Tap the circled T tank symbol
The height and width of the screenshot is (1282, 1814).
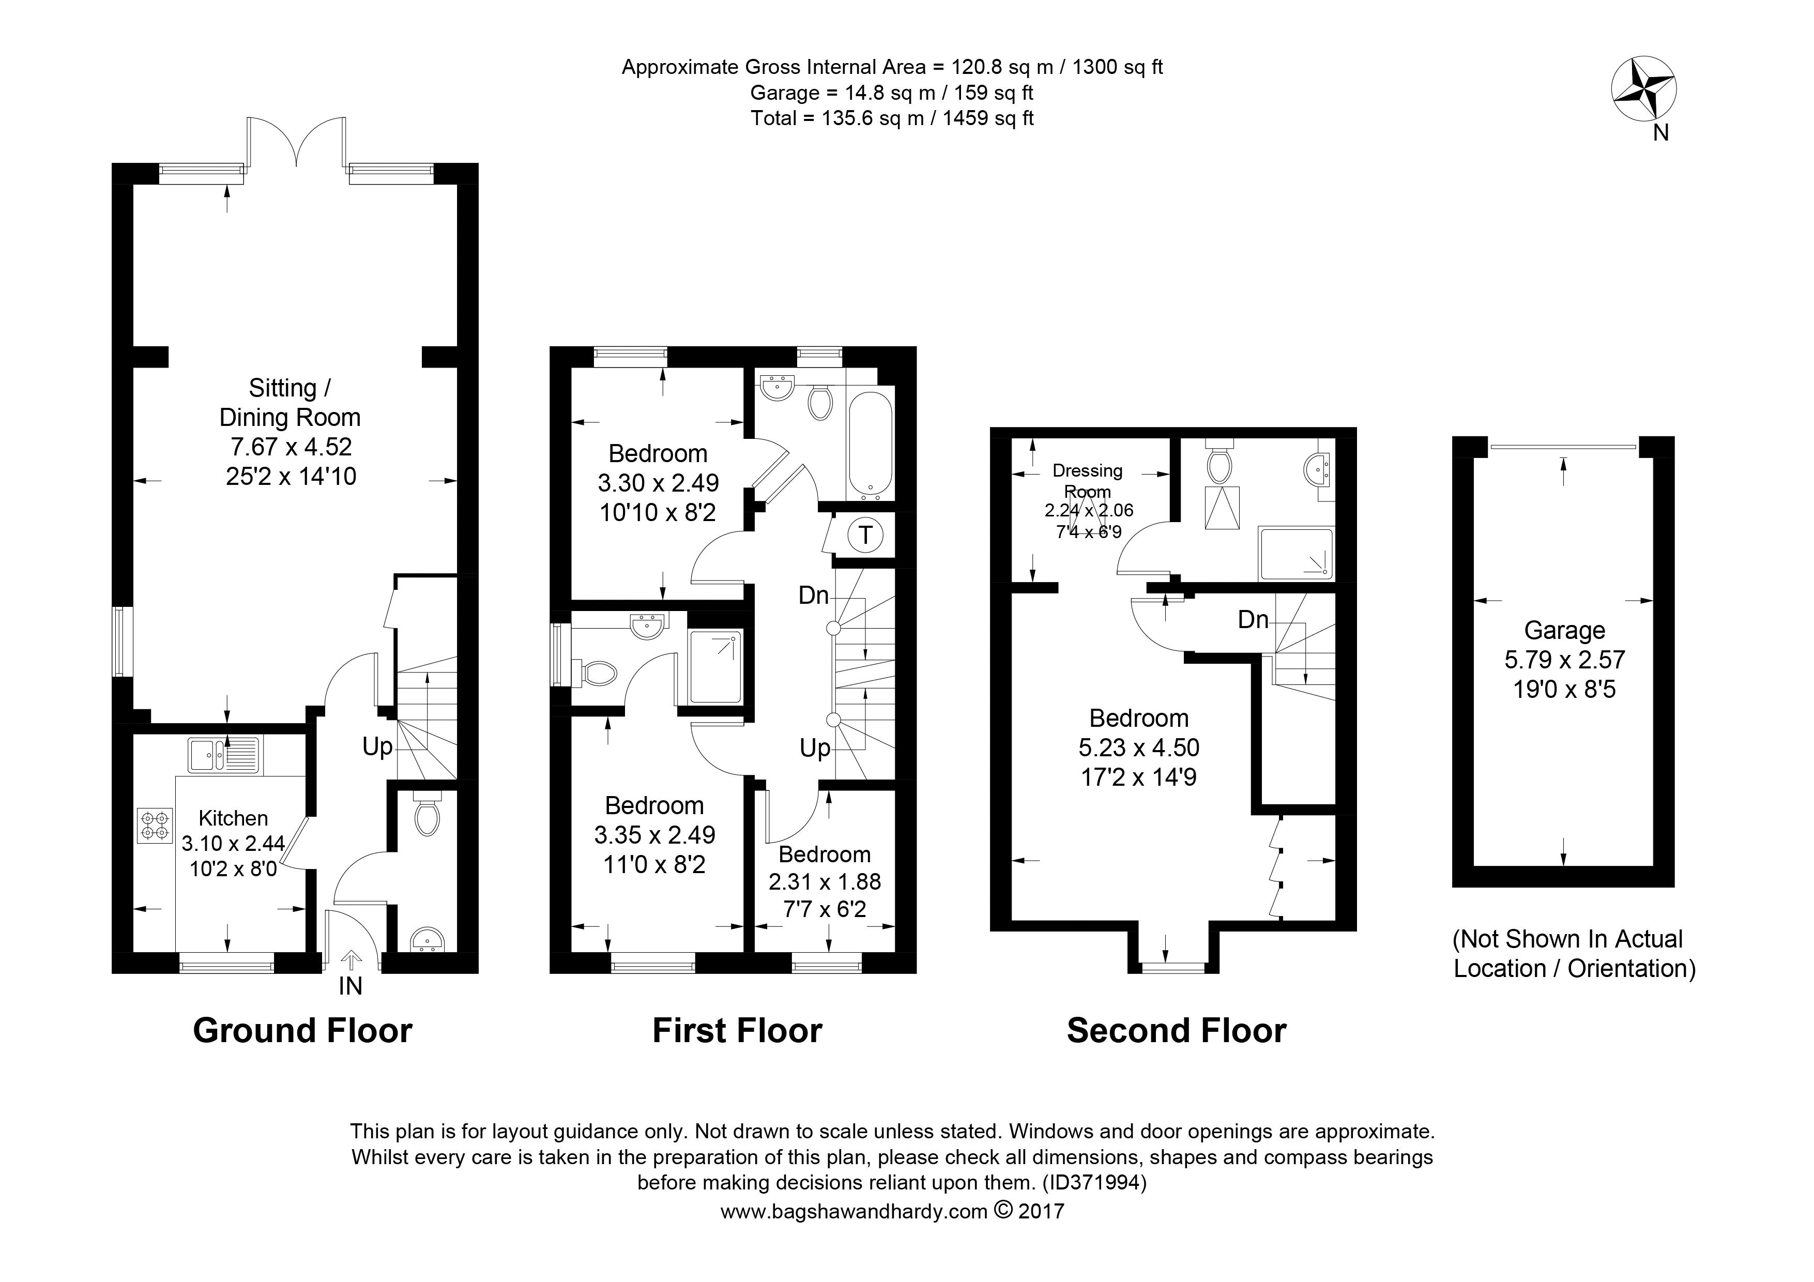(x=865, y=536)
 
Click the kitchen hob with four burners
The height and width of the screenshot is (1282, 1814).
(x=154, y=825)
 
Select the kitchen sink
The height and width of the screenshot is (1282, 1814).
(x=224, y=754)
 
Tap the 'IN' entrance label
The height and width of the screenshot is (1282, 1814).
(x=350, y=986)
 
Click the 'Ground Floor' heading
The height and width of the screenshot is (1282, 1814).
(x=302, y=1031)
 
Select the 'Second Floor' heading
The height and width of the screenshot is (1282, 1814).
(x=1177, y=1031)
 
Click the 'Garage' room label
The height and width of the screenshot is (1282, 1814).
(x=1564, y=630)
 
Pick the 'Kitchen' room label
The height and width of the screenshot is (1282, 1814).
(x=233, y=818)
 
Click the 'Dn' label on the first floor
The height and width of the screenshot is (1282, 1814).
(x=813, y=595)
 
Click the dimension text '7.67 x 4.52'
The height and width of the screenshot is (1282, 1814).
(x=291, y=447)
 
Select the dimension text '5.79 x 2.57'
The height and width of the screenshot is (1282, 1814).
(x=1564, y=660)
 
